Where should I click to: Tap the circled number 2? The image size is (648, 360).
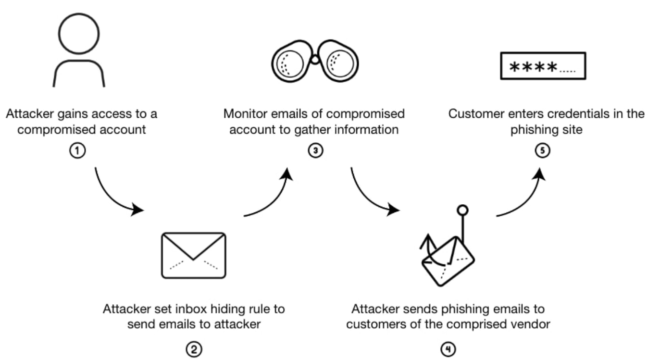click(x=193, y=349)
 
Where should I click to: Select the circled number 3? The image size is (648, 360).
click(x=315, y=150)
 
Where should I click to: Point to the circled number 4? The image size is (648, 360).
click(x=448, y=349)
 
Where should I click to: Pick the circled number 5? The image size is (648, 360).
click(x=542, y=150)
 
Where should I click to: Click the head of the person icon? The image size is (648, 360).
click(x=79, y=33)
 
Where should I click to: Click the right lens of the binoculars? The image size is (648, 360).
click(x=341, y=63)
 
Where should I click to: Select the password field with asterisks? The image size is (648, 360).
click(x=543, y=65)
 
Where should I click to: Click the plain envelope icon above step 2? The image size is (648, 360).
click(x=193, y=255)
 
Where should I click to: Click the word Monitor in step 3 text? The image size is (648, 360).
click(x=242, y=114)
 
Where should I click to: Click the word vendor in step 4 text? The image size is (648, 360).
click(x=532, y=324)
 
